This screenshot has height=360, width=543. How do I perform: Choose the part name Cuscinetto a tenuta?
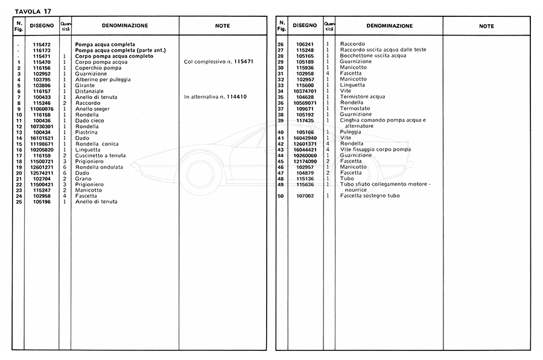pos(101,156)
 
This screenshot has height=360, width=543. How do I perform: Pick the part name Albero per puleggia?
pos(102,80)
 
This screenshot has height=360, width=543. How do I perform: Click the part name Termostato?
pos(355,109)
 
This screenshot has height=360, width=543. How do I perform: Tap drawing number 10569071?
pos(305,103)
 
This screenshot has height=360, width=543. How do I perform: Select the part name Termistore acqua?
pos(362,97)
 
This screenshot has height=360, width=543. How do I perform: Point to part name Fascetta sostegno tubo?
pos(369,196)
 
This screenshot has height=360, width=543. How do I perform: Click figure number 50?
pos(281,196)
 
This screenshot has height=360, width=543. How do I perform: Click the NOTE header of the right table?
pos(486,26)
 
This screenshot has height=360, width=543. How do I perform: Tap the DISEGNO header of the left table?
pos(42,26)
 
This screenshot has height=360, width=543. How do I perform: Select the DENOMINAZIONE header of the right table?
pos(390,26)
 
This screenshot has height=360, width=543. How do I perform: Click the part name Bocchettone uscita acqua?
pos(373,56)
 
